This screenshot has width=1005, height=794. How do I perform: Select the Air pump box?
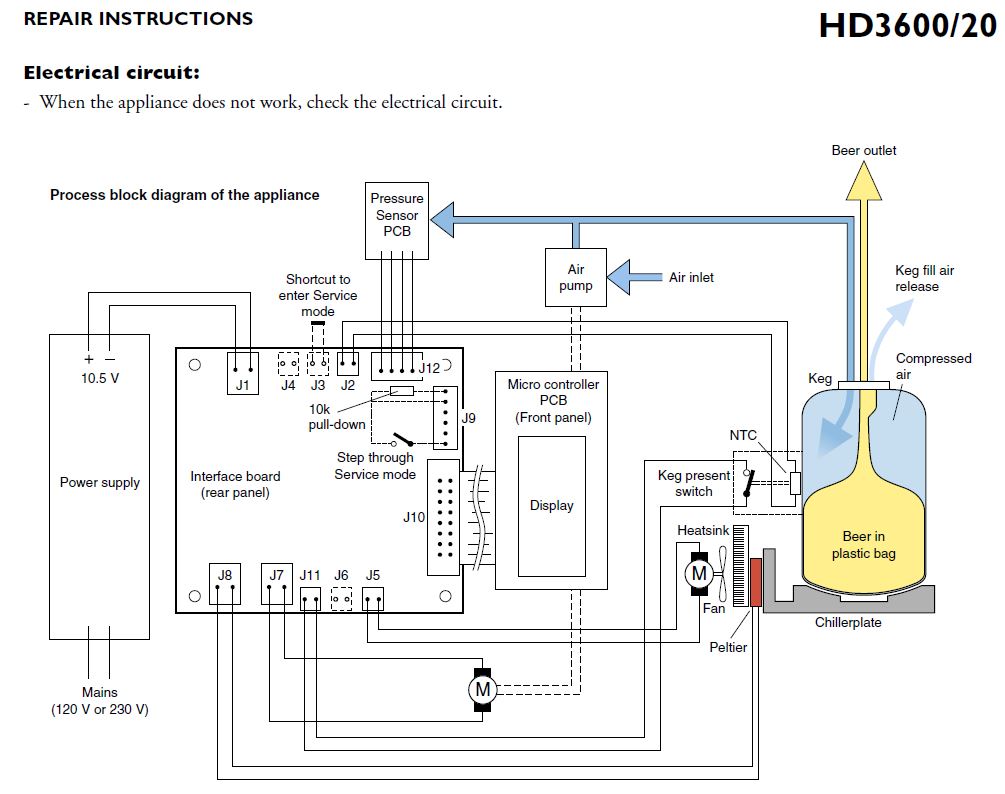click(576, 277)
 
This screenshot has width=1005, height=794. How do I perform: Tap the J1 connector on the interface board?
click(240, 372)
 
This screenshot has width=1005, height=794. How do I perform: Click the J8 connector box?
click(225, 584)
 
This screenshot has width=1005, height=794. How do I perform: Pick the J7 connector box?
click(277, 584)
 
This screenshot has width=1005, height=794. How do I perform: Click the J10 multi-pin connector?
click(446, 517)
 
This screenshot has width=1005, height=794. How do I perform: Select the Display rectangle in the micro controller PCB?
click(552, 504)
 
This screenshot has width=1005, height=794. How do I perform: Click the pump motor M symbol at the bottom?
click(483, 689)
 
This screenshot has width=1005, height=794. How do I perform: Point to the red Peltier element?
click(755, 582)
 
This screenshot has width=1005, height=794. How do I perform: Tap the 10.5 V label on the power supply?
click(100, 379)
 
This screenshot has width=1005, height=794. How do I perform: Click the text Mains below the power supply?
click(100, 692)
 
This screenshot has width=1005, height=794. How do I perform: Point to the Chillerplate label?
click(848, 622)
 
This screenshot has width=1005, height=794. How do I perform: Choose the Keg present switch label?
click(694, 483)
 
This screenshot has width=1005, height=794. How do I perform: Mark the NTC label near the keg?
click(743, 435)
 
